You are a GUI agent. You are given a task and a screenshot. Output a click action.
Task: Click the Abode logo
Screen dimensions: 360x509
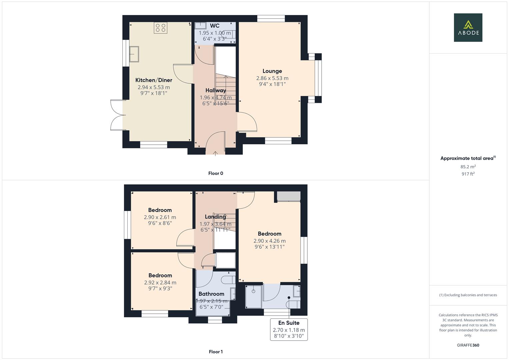(468, 27)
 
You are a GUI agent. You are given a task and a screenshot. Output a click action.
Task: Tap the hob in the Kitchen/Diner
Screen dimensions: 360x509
(160, 28)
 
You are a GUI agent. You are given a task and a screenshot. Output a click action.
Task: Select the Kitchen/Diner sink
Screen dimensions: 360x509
(134, 54)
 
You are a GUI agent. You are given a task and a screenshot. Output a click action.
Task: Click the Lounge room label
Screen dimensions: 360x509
(272, 71)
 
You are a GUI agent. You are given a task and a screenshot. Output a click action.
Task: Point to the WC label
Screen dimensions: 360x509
(215, 26)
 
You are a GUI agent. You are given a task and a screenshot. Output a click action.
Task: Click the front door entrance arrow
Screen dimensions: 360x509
(215, 153)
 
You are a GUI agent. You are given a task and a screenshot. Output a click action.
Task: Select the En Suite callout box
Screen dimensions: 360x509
(289, 329)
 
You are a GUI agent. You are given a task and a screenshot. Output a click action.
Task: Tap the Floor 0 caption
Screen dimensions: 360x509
(216, 173)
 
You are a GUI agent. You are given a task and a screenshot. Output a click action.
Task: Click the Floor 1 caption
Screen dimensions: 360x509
(216, 352)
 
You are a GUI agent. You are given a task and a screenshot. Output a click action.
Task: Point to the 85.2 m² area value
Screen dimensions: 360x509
(468, 167)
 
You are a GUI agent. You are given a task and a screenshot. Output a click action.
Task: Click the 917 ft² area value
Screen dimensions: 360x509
(468, 174)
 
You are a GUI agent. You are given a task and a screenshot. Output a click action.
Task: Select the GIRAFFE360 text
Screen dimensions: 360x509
(468, 345)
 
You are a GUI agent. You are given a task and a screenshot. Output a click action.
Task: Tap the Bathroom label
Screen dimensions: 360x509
(211, 294)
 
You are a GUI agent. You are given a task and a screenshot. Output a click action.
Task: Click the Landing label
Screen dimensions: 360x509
(215, 217)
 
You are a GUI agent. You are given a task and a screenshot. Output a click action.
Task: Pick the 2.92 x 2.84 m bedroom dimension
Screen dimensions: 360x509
(160, 283)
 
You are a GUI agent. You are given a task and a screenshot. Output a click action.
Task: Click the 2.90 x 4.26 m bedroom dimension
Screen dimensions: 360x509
(269, 241)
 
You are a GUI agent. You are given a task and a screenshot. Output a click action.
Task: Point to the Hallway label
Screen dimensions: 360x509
(216, 90)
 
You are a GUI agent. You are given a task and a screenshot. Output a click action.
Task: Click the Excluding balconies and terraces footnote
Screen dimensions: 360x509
(468, 295)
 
